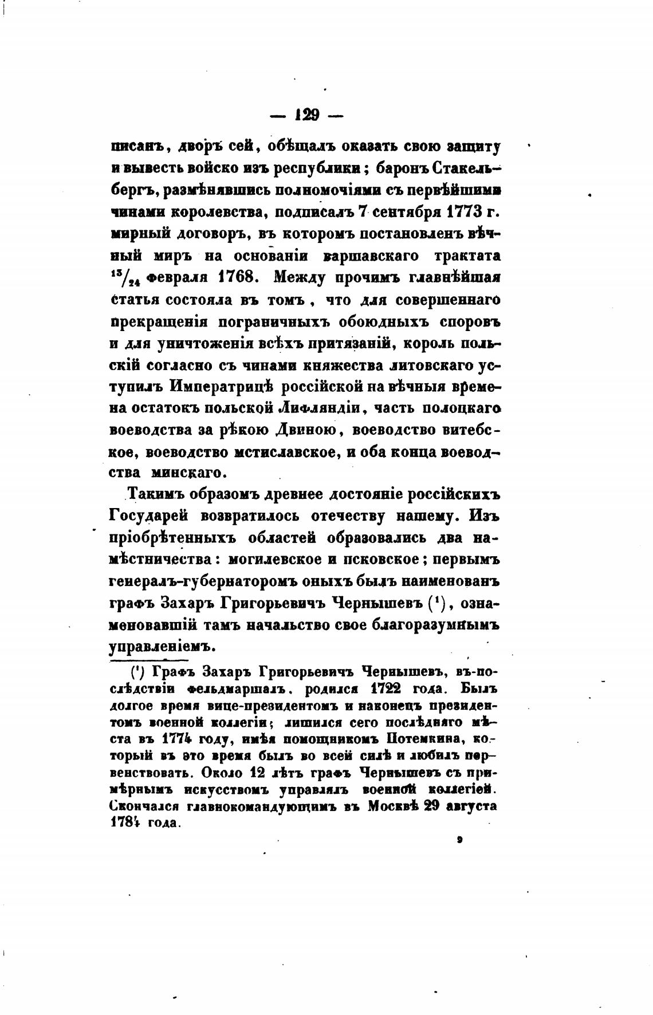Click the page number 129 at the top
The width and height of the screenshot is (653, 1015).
[x=306, y=115]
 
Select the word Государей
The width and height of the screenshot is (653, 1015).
[x=148, y=516]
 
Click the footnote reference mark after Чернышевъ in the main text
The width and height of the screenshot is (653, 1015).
[x=436, y=602]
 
